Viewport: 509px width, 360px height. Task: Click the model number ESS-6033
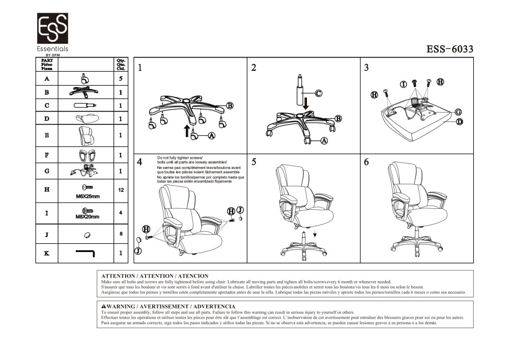pyautogui.click(x=449, y=49)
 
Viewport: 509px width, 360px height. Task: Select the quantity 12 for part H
pyautogui.click(x=121, y=190)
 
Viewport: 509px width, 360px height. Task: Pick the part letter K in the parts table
pyautogui.click(x=47, y=253)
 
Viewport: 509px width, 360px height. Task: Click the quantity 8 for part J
pyautogui.click(x=121, y=234)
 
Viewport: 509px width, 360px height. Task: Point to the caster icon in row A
pyautogui.click(x=84, y=78)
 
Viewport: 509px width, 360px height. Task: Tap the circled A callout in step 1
pyautogui.click(x=211, y=135)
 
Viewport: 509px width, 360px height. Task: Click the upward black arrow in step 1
pyautogui.click(x=187, y=132)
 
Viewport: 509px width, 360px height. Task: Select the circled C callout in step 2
pyautogui.click(x=318, y=93)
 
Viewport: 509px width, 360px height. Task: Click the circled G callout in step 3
pyautogui.click(x=458, y=112)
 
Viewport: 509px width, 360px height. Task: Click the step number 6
pyautogui.click(x=366, y=162)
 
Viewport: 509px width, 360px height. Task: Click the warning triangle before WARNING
pyautogui.click(x=103, y=307)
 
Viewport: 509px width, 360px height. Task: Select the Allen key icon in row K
pyautogui.click(x=86, y=252)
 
